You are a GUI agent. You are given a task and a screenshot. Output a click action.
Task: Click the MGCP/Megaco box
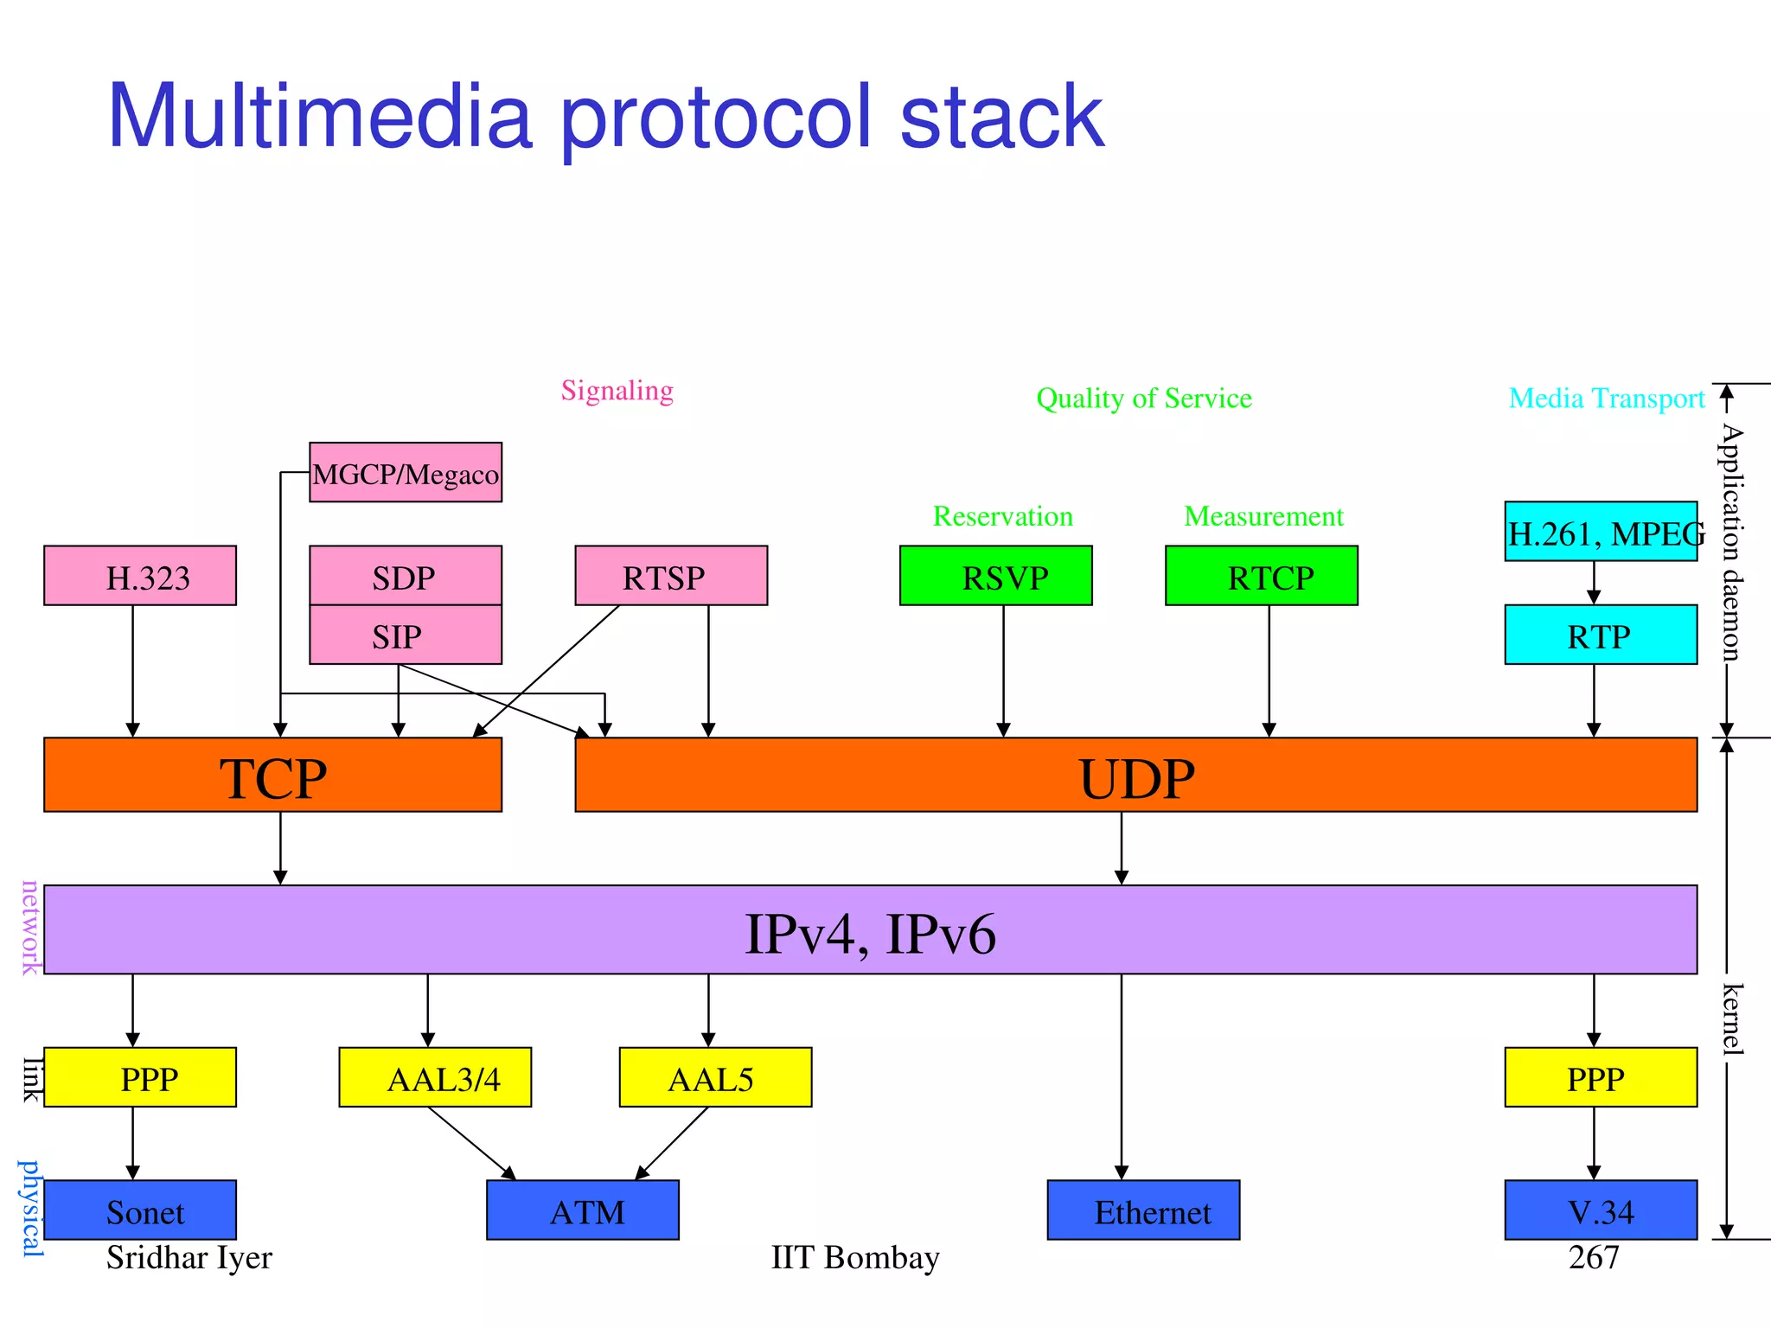tap(406, 472)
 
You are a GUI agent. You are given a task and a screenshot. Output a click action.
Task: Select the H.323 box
tap(140, 576)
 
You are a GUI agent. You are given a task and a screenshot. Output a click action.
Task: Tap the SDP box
tap(406, 576)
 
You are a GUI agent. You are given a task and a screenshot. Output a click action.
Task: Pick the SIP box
tap(406, 635)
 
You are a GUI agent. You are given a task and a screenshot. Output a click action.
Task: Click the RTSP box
tap(671, 576)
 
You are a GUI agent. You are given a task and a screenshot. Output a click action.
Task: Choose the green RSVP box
tap(995, 576)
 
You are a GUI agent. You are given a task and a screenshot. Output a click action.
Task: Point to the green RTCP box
tap(1261, 576)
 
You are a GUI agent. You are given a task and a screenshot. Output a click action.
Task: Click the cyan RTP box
tap(1601, 635)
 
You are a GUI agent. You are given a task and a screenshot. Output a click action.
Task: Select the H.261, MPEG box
tap(1601, 532)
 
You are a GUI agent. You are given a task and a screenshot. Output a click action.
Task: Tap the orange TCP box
tap(272, 776)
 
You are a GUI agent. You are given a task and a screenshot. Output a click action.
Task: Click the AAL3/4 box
tap(435, 1077)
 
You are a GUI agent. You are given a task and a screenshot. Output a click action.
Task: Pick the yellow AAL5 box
tap(715, 1077)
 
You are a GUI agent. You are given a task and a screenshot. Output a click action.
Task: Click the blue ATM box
tap(583, 1210)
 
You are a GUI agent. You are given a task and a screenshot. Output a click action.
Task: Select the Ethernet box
tap(1143, 1210)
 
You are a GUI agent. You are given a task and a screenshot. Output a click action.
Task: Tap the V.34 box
tap(1601, 1210)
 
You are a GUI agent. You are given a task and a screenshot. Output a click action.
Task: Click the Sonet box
tap(140, 1210)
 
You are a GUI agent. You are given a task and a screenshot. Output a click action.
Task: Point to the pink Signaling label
tap(617, 391)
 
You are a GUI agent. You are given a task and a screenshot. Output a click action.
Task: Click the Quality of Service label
tap(1143, 399)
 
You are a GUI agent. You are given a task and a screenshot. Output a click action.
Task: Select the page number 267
tap(1593, 1257)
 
